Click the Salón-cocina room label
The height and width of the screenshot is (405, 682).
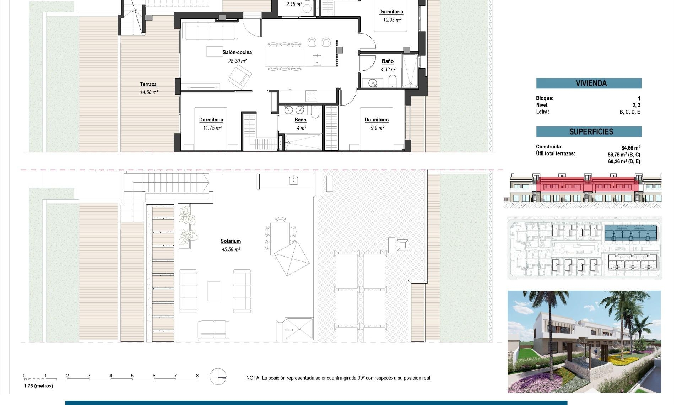pos(237,52)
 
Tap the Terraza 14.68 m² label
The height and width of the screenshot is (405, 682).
pos(148,84)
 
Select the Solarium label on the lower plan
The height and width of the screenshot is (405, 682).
pos(231,241)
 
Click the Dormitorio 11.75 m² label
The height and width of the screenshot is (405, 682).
pos(211,120)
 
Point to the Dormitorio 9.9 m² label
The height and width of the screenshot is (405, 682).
pos(377,120)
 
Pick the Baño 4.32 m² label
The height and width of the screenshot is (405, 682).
pos(388,61)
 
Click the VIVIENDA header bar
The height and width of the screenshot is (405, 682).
pos(589,83)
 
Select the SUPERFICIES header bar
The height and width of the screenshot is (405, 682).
pos(589,131)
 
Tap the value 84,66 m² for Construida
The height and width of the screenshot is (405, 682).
pos(630,148)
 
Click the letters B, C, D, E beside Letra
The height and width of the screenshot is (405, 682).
pos(630,112)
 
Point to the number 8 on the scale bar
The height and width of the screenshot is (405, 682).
pos(197,376)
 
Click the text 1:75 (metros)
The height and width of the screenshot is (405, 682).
pos(38,386)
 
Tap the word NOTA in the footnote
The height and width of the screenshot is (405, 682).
pos(253,378)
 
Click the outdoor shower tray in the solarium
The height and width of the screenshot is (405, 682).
pos(299,329)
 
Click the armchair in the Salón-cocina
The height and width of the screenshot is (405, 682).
pos(240,77)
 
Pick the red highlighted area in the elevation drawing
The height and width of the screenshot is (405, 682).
pos(586,185)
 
